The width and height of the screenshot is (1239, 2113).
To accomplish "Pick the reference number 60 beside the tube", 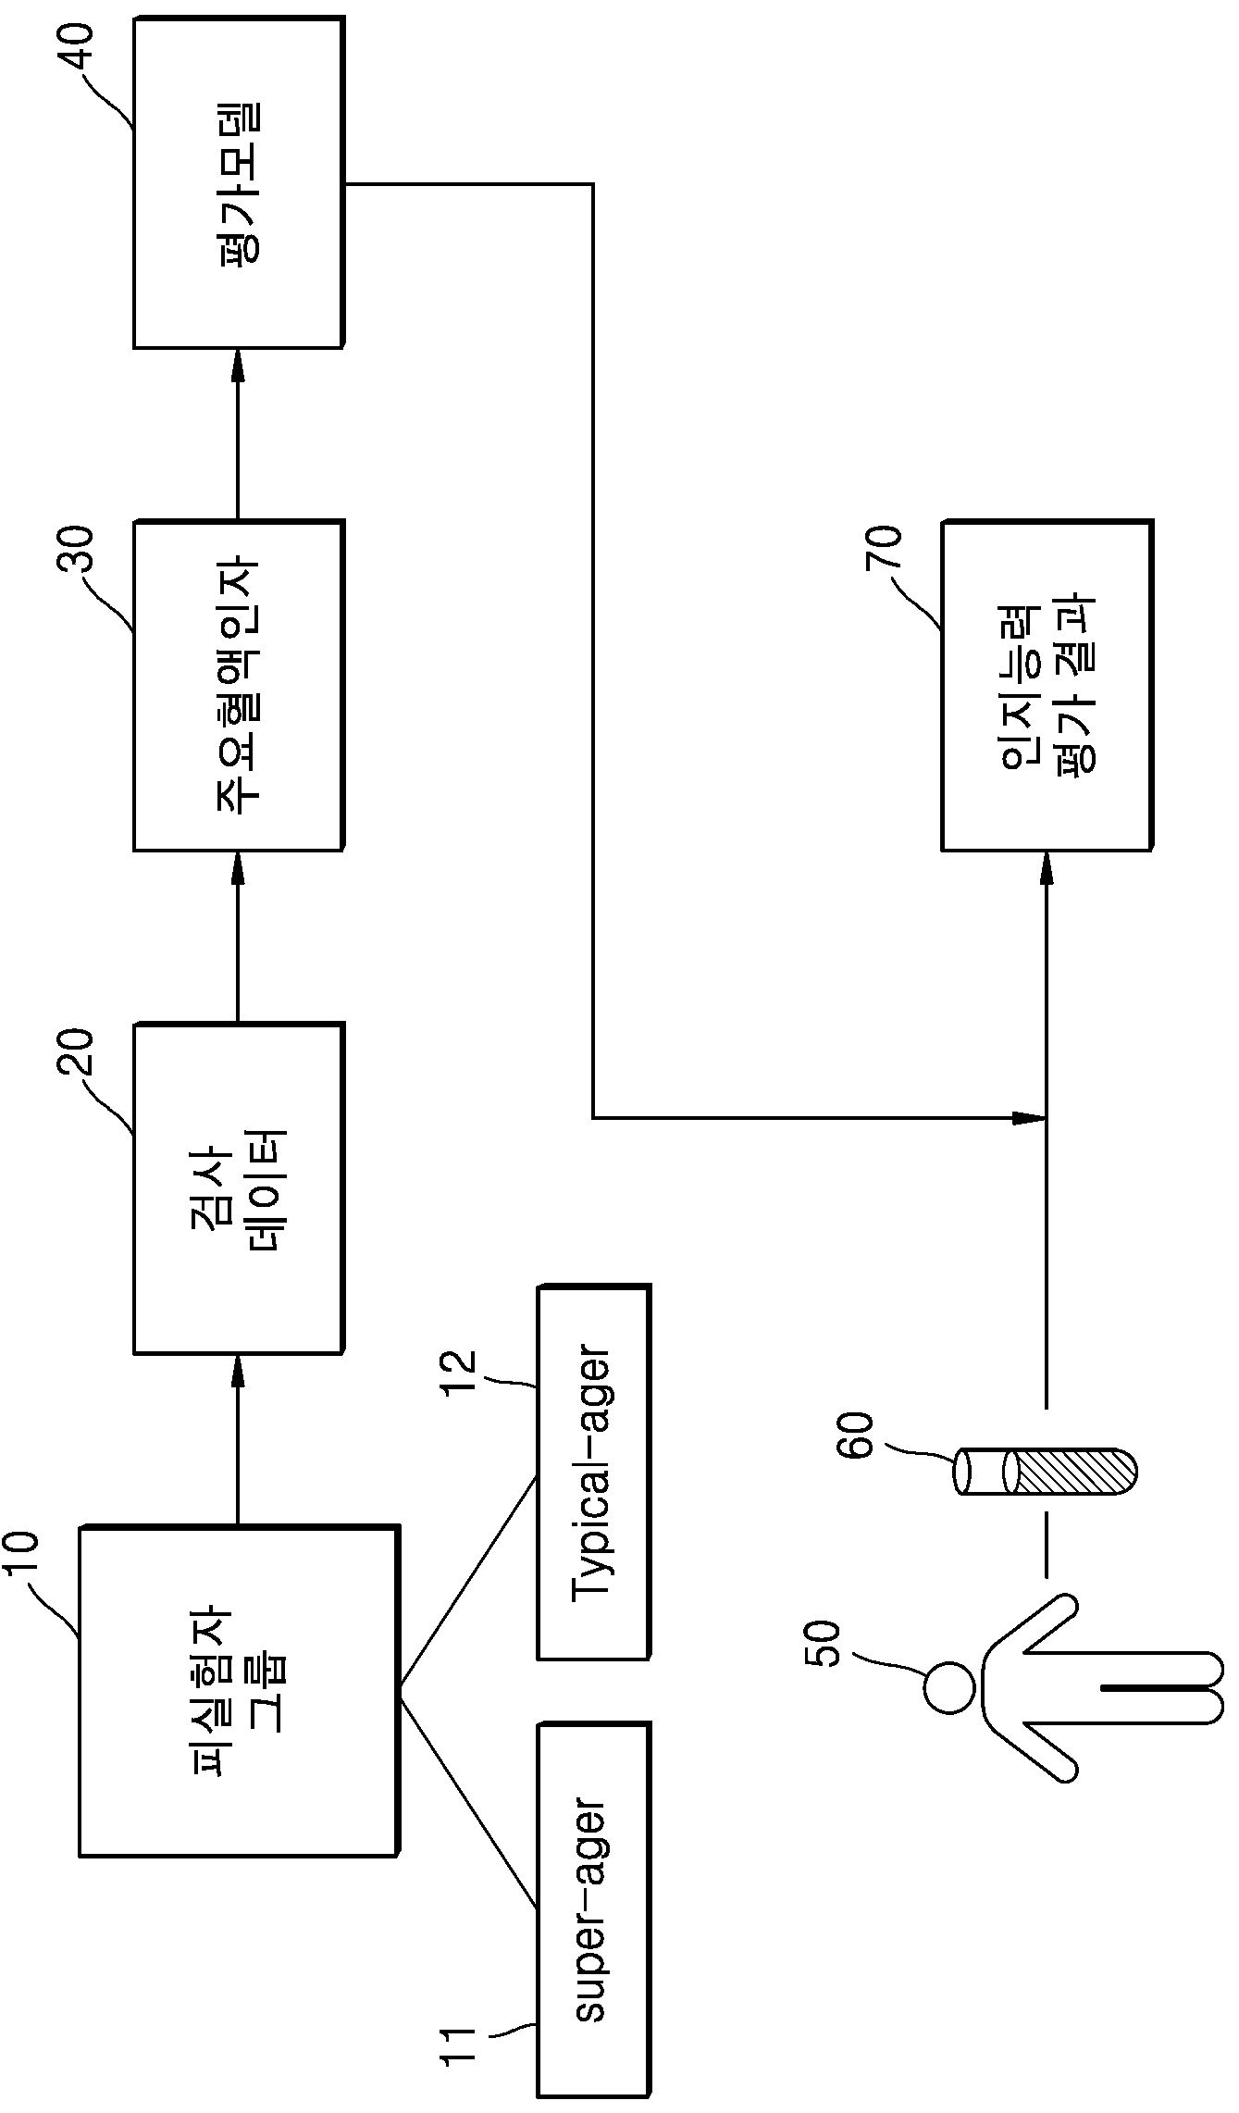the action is (855, 1436).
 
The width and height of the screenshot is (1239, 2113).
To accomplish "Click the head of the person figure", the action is (949, 1687).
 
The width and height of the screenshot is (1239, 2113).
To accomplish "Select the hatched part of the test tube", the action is (1073, 1471).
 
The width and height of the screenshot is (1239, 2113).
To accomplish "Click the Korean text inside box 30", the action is (240, 686).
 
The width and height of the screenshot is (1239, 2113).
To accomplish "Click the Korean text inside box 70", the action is (1047, 686).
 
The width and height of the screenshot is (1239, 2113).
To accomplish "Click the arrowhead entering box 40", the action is (238, 367).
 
